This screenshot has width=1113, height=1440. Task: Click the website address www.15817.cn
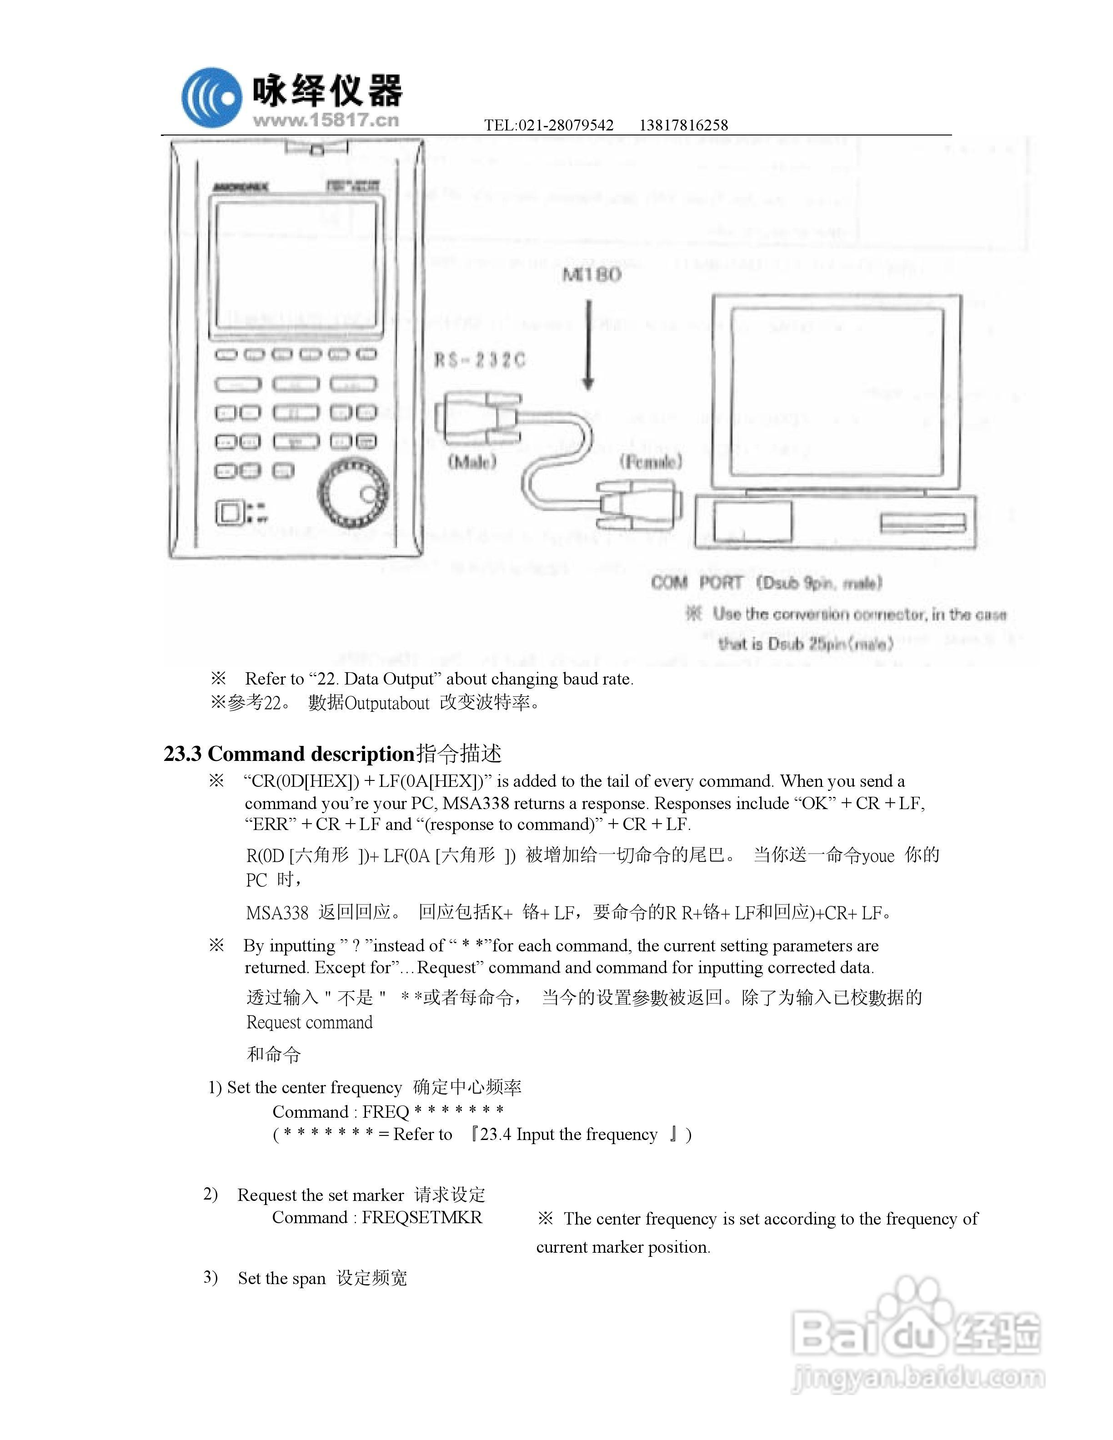[x=326, y=120]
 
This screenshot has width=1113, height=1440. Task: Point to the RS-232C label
[x=479, y=360]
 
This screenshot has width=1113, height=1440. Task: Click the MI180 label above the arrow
[x=592, y=275]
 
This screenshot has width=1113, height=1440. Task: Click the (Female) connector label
[x=650, y=461]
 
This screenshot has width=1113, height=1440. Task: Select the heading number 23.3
[x=183, y=754]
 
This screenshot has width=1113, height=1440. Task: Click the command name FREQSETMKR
[x=422, y=1217]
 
